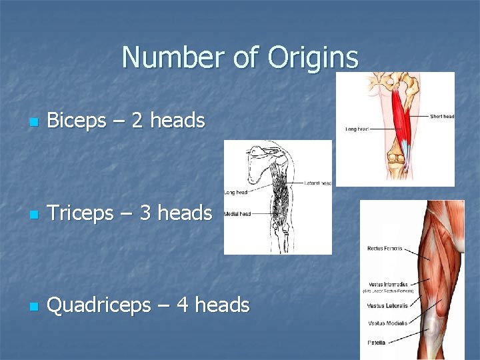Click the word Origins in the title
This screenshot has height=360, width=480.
[313, 59]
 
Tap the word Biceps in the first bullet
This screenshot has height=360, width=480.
[77, 121]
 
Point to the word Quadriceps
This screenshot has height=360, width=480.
[99, 306]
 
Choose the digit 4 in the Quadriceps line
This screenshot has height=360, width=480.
[183, 305]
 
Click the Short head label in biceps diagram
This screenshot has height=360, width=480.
[441, 116]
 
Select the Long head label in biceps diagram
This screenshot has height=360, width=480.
[357, 129]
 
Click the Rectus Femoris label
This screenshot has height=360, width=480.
[385, 249]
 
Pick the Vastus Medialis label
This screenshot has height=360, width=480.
[383, 323]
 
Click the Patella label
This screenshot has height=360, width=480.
[377, 343]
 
